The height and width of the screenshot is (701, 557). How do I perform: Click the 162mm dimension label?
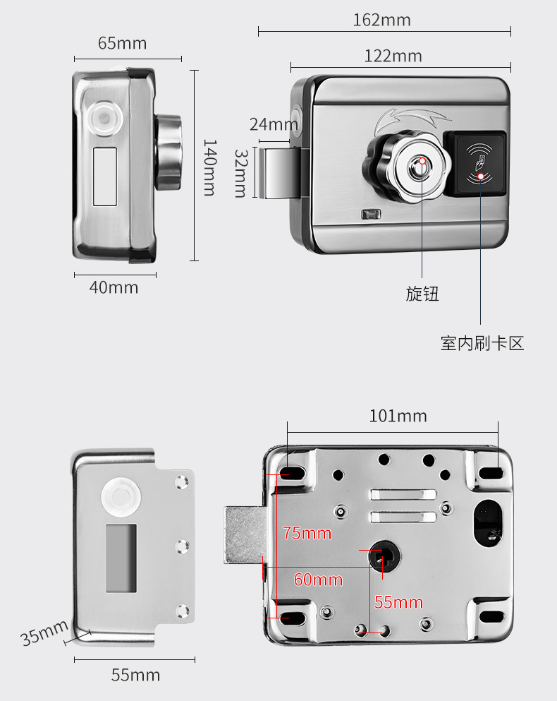[x=381, y=20]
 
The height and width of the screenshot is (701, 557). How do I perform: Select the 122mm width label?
[x=393, y=56]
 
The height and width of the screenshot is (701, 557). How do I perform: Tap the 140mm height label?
[x=210, y=167]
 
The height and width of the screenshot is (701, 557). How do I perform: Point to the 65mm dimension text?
[x=122, y=43]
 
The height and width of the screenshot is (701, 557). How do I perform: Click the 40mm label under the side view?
[x=114, y=287]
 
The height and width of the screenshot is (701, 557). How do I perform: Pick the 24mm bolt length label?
[x=274, y=125]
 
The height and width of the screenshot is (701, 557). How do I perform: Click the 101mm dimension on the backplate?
[x=398, y=416]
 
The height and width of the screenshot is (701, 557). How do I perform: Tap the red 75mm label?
[x=307, y=533]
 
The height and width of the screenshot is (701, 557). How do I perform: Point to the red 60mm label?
[x=318, y=580]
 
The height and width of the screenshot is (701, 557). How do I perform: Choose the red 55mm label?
[x=398, y=602]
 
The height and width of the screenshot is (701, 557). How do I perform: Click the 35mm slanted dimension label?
[x=44, y=633]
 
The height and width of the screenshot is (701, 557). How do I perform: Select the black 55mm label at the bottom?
[x=135, y=675]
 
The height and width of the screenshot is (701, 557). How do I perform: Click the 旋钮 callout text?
[x=422, y=294]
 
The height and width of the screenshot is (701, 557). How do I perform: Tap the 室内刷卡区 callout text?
[x=482, y=344]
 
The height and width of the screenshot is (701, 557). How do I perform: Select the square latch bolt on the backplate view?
[x=244, y=535]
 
